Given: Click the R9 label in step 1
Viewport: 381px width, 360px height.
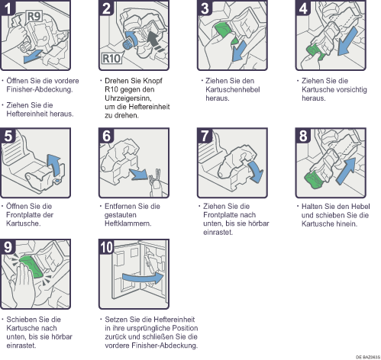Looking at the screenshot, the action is [x=34, y=17].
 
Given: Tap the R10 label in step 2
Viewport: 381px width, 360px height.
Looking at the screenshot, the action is [x=111, y=59].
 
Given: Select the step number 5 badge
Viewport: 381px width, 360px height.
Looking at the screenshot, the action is [x=8, y=136].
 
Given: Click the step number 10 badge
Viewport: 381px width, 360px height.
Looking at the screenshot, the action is [x=106, y=247].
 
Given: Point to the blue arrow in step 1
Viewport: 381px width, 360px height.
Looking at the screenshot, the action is [x=33, y=56].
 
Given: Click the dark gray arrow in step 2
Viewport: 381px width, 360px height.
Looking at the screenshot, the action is [x=155, y=40].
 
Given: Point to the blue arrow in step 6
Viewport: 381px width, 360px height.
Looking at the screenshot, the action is [x=139, y=174].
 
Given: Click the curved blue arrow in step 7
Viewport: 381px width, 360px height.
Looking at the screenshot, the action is [x=257, y=171].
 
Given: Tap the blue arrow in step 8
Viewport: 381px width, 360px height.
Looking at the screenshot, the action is [x=347, y=171].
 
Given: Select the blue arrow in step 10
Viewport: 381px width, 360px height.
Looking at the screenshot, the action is [x=143, y=278].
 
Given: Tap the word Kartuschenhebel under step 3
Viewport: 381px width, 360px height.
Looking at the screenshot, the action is [x=233, y=89].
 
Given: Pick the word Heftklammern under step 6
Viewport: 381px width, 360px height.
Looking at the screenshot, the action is [x=128, y=223].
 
